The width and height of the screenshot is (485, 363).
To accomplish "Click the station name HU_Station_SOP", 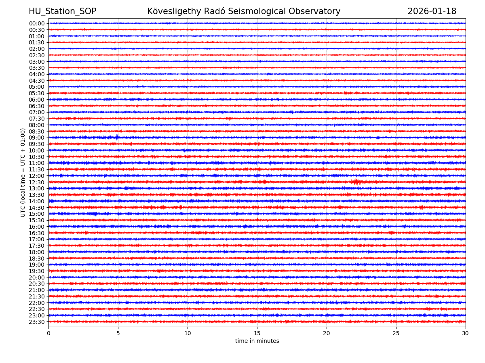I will [62, 11].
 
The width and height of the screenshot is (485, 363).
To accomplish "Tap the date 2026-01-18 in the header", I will [432, 11].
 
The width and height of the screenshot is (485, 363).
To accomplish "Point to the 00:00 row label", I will [37, 23].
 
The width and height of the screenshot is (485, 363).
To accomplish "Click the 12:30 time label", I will [37, 182].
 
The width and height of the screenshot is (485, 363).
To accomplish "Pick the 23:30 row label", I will [37, 322].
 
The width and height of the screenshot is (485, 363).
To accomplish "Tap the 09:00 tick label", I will [37, 138].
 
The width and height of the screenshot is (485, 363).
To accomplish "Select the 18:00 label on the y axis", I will [37, 252].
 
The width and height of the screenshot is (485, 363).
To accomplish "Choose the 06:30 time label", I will [37, 106].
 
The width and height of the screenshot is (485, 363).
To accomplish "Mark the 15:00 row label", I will [37, 214].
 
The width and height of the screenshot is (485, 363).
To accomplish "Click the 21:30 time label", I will [37, 296].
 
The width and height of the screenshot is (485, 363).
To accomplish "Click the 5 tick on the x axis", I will [118, 334].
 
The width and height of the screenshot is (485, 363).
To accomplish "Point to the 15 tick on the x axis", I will [257, 334].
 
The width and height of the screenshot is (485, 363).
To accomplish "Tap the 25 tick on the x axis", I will [396, 334].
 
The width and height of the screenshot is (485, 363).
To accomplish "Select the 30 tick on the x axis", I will [466, 334].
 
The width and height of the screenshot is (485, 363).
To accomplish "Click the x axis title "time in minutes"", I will [257, 341].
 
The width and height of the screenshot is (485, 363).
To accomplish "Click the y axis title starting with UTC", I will [23, 173].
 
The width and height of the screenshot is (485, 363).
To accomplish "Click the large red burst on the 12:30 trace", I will [356, 182].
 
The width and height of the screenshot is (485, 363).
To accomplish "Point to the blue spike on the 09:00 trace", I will [117, 137].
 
